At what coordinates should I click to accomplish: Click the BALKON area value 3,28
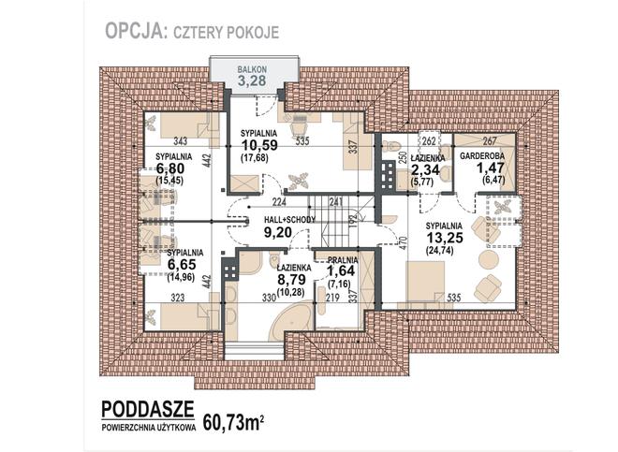click(252, 80)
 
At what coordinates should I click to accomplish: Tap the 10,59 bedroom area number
click(259, 145)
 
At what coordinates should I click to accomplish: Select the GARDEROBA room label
click(482, 156)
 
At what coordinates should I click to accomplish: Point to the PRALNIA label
click(343, 260)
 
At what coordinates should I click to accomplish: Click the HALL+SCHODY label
click(289, 220)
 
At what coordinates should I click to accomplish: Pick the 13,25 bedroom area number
click(445, 238)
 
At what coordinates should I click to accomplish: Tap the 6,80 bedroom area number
click(169, 168)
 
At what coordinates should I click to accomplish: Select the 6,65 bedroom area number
click(182, 265)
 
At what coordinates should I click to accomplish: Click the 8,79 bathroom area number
click(291, 280)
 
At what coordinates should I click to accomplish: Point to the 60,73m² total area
click(233, 422)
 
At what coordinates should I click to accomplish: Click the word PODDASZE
click(148, 409)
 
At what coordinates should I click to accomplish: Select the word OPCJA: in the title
click(135, 31)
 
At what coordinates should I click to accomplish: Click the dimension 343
click(180, 141)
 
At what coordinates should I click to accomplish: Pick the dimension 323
click(178, 298)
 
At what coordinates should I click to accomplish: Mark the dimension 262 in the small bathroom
click(429, 140)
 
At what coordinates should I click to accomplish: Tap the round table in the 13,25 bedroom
click(489, 260)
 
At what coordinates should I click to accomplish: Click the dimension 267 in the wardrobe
click(490, 140)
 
